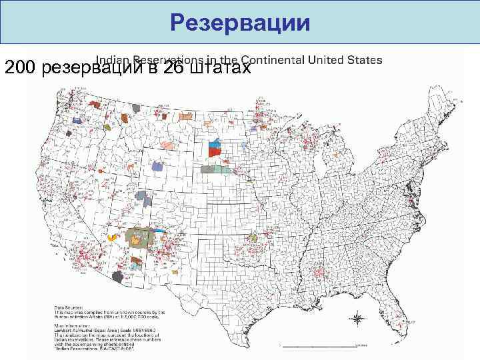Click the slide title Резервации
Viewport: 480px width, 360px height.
coord(240,23)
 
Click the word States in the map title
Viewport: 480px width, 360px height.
coord(364,59)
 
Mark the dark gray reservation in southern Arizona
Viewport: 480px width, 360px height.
coord(119,277)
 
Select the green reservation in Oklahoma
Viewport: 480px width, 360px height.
coord(253,238)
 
